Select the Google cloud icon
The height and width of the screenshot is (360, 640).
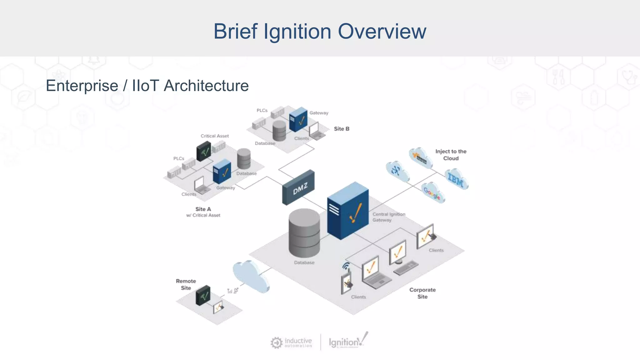(433, 192)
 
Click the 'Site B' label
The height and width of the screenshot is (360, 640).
(341, 129)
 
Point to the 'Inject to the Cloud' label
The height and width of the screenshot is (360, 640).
(451, 155)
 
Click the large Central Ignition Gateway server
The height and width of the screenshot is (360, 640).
(347, 211)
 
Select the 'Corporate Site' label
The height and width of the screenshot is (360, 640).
(422, 293)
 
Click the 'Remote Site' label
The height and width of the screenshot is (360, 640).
(186, 284)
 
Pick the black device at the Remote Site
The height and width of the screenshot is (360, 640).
(203, 295)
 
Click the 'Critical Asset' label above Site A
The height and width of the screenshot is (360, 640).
(215, 136)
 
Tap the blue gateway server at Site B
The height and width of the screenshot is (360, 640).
(298, 119)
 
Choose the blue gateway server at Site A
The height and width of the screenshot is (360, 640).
(222, 171)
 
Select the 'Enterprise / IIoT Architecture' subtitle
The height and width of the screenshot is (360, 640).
(147, 86)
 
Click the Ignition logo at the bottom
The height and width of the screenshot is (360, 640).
(348, 341)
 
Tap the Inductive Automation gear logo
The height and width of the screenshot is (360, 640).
(276, 342)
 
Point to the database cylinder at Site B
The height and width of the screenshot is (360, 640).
(279, 130)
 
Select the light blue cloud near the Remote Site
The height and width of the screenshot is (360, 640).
(251, 276)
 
